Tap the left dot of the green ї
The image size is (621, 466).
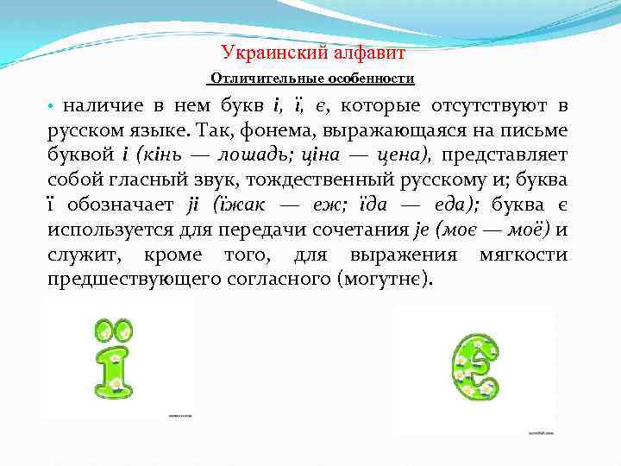coord(104,329)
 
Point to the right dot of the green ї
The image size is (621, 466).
coord(125,329)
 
